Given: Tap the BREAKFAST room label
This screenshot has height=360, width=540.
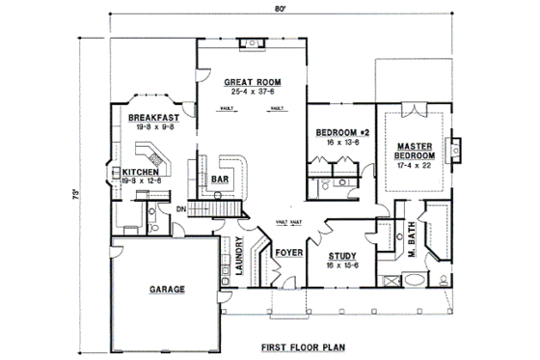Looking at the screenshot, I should pos(152,117).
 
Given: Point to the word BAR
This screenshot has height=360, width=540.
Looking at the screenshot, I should pos(220,179).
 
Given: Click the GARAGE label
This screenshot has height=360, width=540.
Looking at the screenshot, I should pos(166,289).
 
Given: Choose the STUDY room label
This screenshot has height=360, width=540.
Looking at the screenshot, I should pos(330,256).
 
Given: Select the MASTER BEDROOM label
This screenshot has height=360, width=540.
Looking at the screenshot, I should pos(416,151).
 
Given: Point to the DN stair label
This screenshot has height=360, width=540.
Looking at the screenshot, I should pos(180,209).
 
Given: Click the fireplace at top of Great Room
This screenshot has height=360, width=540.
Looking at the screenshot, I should pos(250,42).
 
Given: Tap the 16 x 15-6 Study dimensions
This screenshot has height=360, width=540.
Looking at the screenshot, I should pos(330,265).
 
